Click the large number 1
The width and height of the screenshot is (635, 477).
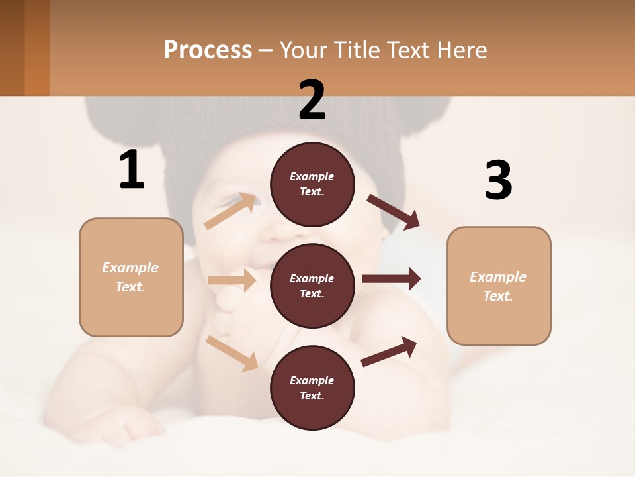coord(132,170)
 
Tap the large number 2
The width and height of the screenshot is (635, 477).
coord(312,99)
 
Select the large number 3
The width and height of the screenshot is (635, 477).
coord(498,180)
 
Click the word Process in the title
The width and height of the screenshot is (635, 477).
coord(208,50)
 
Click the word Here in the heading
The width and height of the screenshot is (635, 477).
coord(462,50)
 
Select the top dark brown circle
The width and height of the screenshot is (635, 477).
coord(312,184)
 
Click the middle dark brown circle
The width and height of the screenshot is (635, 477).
coord(312,286)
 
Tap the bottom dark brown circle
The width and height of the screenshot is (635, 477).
coord(312,388)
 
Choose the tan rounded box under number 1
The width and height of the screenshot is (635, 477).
coord(131,277)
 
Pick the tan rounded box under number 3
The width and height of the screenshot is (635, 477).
coord(499,286)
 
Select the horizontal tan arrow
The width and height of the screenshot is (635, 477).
coord(232,280)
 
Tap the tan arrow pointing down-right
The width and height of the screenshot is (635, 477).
coord(232,352)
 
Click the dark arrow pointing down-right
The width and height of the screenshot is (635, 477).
coord(394,211)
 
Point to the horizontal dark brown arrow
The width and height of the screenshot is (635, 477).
coord(392,278)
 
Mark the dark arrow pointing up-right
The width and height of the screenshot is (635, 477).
coord(390,351)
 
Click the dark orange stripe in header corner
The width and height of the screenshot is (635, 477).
coord(36,48)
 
